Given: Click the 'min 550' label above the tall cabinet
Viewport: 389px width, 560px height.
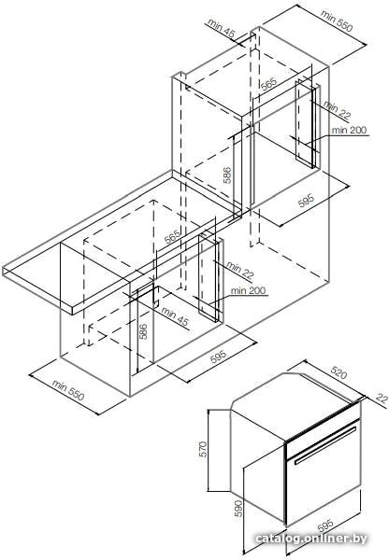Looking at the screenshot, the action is [x=337, y=21].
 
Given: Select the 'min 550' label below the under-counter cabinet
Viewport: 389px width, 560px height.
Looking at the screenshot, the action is [x=68, y=390].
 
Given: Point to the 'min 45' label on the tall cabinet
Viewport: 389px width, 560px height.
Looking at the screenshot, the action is [x=222, y=28].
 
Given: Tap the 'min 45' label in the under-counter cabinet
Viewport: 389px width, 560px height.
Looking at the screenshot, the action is [x=175, y=316].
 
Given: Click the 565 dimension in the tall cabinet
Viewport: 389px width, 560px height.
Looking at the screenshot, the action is [x=268, y=84].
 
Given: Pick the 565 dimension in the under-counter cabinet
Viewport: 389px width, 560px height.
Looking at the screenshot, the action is [x=172, y=237].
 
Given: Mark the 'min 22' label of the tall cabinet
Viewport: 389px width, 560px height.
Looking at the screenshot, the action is [x=338, y=109].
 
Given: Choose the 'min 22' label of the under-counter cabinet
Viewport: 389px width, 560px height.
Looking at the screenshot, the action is [x=239, y=270].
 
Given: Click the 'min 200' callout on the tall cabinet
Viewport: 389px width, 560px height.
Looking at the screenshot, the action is [x=349, y=130].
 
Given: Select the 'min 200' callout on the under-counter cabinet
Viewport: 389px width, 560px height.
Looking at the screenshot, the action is [x=249, y=290].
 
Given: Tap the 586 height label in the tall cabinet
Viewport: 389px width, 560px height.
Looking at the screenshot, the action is [x=227, y=175].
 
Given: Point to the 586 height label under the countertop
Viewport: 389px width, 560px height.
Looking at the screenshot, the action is [x=142, y=331].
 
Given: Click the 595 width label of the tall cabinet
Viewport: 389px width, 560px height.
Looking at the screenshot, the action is [x=306, y=201].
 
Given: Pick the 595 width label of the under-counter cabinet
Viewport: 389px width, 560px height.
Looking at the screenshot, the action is [x=218, y=357].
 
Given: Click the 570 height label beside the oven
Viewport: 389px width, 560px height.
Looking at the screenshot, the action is [x=203, y=449].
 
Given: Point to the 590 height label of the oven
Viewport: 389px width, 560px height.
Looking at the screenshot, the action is [x=238, y=509].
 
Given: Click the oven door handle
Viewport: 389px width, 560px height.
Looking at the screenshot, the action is [x=325, y=444].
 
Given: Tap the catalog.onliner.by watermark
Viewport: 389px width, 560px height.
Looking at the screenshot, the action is [x=311, y=539].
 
